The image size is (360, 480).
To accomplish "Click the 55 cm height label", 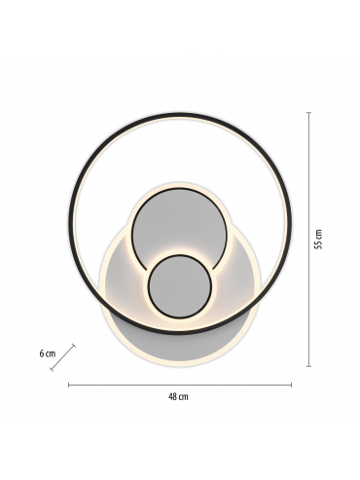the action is pos(319,240).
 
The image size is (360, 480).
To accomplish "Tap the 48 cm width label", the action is pos(178,397).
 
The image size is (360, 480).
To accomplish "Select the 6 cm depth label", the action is pos(48,353).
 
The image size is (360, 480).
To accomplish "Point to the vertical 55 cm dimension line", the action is pos(309,240).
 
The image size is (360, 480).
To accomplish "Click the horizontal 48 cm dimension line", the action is pos(180,386).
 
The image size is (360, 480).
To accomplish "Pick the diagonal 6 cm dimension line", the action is pos(62,357).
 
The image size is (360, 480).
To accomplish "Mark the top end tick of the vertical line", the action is pos(309,113).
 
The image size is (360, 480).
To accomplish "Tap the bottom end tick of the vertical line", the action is pos(309,366).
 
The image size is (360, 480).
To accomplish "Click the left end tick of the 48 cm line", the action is pos(69,386).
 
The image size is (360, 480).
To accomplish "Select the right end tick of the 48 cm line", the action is pos(291,386).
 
